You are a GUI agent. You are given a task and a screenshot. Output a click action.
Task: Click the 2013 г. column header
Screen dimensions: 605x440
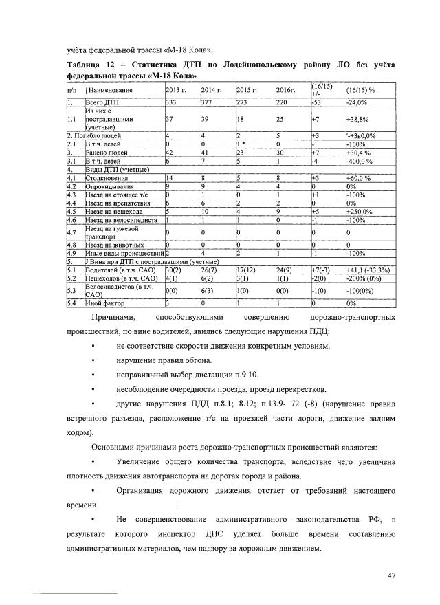176,90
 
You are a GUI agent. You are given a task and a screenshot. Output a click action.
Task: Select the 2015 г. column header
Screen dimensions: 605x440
247,90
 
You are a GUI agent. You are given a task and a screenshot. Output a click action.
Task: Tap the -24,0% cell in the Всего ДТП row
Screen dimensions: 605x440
356,102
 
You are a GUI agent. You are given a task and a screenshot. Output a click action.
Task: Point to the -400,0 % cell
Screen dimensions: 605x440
358,160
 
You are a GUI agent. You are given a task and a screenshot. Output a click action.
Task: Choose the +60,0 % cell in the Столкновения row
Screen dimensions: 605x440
358,177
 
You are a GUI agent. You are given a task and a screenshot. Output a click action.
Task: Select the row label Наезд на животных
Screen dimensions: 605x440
114,244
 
